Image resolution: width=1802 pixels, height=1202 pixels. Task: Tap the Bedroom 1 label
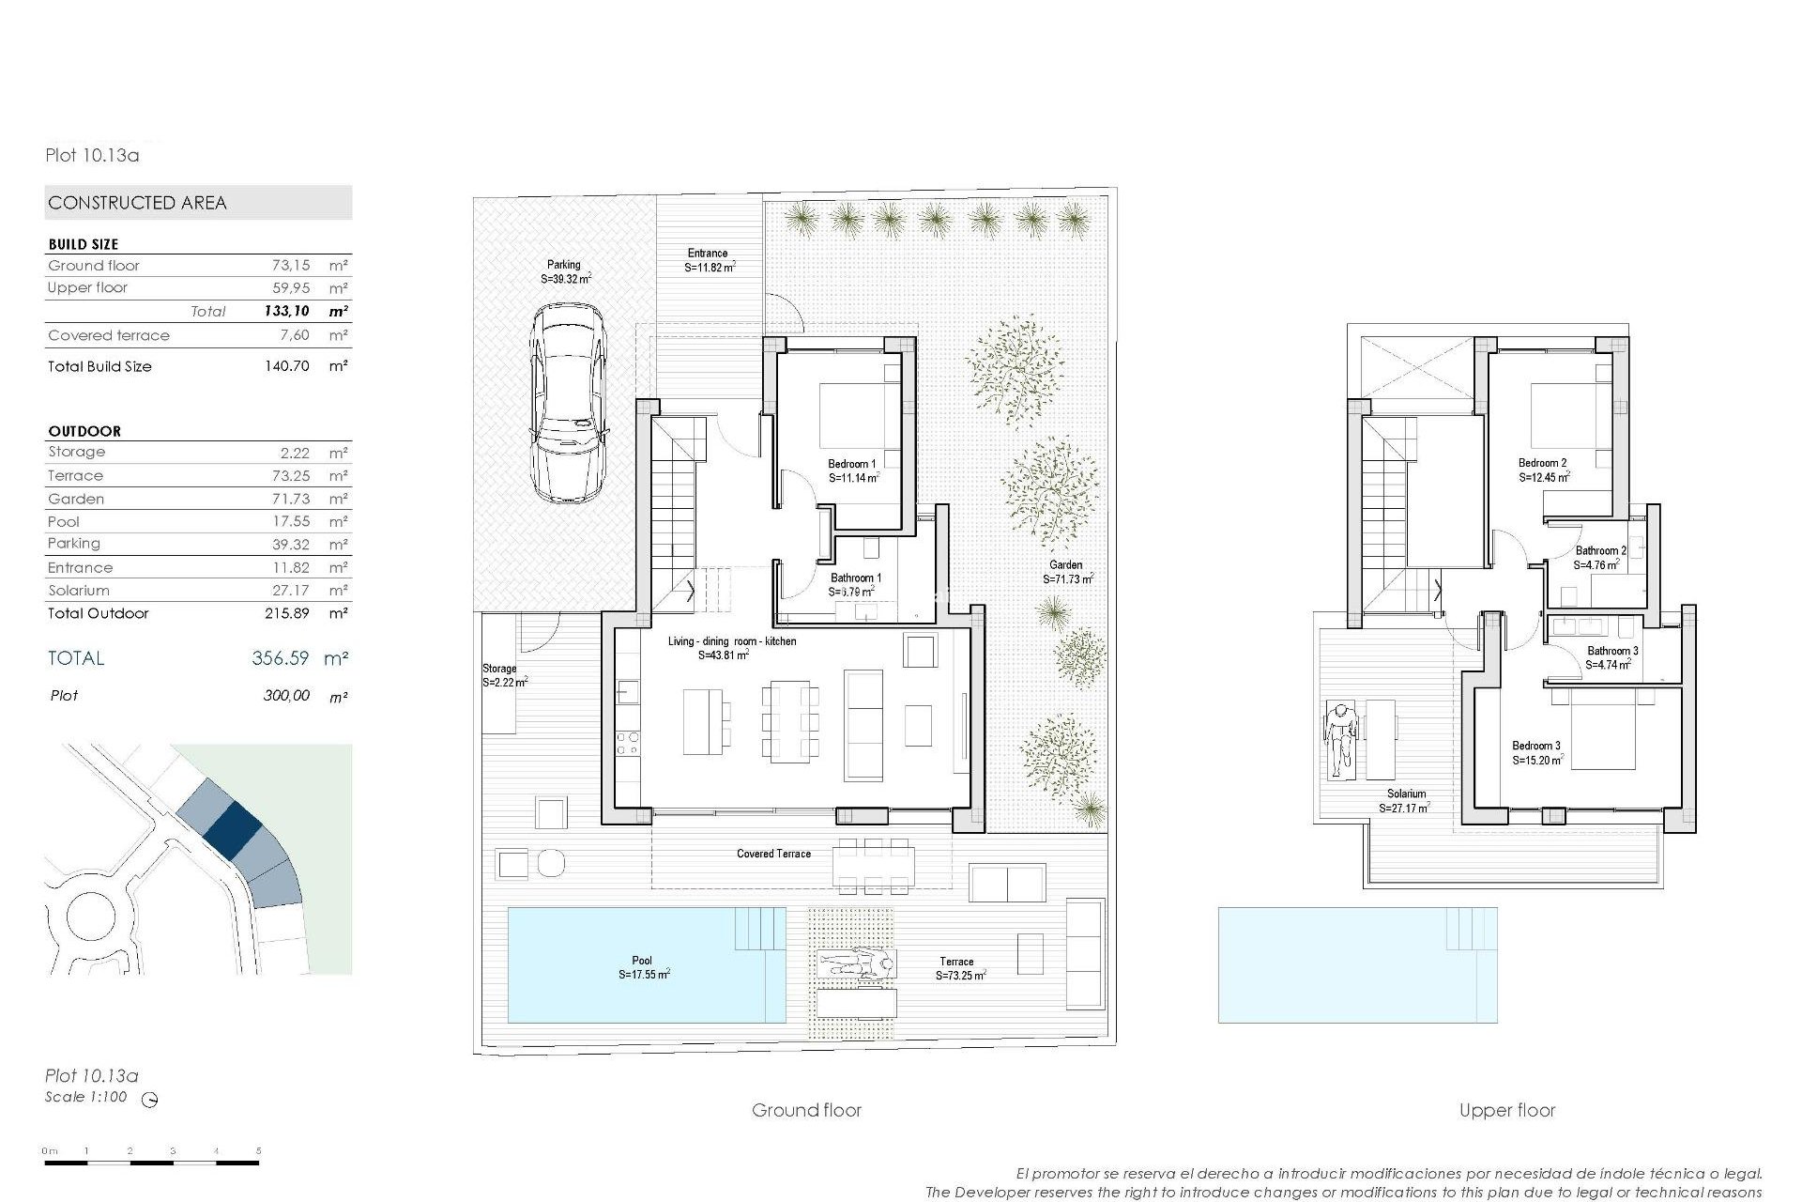tap(852, 464)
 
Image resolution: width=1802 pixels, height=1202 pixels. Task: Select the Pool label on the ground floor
tap(642, 961)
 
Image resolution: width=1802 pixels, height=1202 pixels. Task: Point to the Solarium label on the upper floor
tap(1406, 794)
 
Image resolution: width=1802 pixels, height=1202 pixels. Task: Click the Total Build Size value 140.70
tap(286, 366)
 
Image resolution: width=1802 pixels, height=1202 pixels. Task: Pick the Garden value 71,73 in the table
tap(291, 499)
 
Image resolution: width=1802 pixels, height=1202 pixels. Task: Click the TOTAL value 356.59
tap(280, 658)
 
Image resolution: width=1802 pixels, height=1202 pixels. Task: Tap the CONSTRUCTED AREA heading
tap(137, 203)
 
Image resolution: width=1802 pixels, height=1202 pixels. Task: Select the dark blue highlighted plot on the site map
tap(232, 827)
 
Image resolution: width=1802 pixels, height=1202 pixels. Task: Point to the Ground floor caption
tap(806, 1110)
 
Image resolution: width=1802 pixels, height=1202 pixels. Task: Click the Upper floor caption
tap(1506, 1110)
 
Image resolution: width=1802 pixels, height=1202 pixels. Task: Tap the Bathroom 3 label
tap(1612, 651)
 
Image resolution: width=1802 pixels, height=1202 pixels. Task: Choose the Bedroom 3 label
tap(1535, 746)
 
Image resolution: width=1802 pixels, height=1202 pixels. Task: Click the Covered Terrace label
tap(773, 854)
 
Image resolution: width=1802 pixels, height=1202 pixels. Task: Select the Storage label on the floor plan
tap(499, 669)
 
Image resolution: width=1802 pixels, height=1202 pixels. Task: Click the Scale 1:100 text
tap(85, 1097)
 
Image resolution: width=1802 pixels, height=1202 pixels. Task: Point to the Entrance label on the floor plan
tap(707, 253)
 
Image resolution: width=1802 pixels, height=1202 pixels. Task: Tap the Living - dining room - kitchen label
tap(732, 641)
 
